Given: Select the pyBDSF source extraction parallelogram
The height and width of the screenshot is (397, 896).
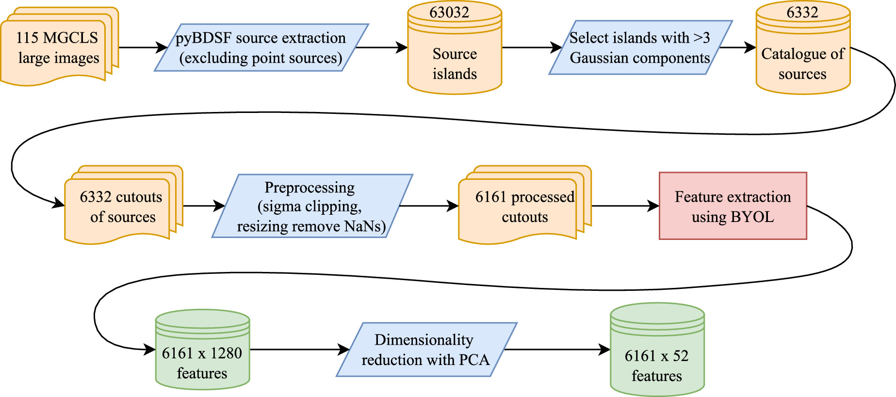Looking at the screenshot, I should pos(261,48).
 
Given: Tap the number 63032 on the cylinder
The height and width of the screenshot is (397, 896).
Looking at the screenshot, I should pos(449,13).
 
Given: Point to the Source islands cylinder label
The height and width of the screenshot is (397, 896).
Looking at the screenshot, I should pos(455,64).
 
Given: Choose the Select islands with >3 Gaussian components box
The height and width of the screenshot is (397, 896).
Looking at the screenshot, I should pos(640,48).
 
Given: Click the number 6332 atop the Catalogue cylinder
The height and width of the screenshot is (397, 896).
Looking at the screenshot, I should pos(802,13).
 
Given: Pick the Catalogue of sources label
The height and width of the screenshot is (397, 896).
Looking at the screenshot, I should pos(802,64).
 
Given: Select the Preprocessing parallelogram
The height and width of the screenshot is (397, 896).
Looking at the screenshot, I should pos(311,206).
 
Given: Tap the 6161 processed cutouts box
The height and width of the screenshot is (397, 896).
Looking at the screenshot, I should pos(524,206).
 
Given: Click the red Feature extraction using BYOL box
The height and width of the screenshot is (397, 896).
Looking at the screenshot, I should pos(733,206).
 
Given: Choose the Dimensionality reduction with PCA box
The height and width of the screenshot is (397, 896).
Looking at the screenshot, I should pos(426,349).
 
